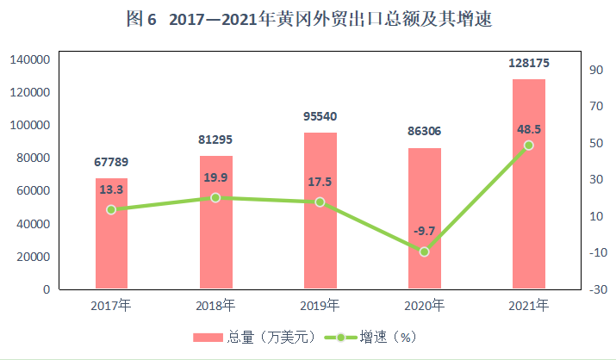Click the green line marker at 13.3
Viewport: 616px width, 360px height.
tap(111, 209)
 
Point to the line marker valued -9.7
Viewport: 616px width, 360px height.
tap(424, 251)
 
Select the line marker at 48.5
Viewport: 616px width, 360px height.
tap(528, 146)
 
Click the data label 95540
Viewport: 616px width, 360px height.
tap(320, 115)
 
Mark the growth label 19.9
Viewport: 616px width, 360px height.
tap(215, 177)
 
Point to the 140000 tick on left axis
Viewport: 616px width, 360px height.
tap(29, 59)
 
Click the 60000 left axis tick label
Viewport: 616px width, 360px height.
tap(33, 191)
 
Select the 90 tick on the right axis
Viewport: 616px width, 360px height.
tap(596, 70)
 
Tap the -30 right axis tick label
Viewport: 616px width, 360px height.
tap(595, 289)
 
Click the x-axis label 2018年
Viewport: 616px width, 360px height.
tap(215, 305)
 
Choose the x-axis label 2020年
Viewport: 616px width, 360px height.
tap(424, 305)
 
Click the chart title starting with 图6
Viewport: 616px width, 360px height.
tap(308, 19)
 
